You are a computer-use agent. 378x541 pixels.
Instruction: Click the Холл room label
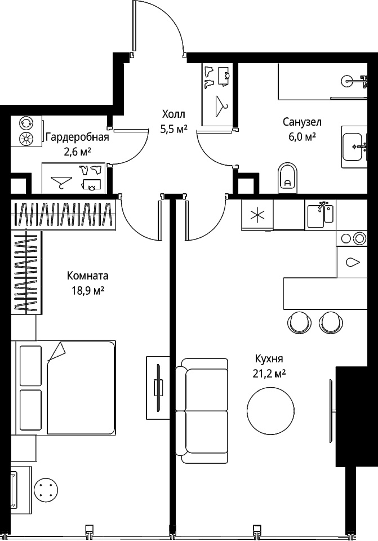click(174, 114)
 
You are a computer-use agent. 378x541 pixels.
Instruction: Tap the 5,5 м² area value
click(174, 129)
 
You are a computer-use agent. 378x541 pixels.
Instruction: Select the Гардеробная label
click(77, 138)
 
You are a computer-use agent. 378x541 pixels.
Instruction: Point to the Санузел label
click(302, 122)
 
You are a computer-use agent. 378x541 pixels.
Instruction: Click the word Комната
click(88, 276)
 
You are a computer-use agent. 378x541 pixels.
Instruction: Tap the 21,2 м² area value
click(269, 374)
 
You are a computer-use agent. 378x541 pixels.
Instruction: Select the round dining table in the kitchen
click(271, 410)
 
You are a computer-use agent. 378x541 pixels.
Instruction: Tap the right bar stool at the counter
click(331, 322)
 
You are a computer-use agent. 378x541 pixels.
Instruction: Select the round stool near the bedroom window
click(46, 489)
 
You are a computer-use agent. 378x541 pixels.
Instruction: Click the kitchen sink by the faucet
click(316, 216)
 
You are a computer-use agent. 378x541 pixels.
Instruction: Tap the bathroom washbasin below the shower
click(353, 147)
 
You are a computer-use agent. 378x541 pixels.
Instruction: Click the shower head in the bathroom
click(346, 81)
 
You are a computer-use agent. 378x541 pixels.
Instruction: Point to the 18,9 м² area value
click(88, 291)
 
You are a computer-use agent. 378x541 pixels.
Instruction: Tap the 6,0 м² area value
click(302, 137)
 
